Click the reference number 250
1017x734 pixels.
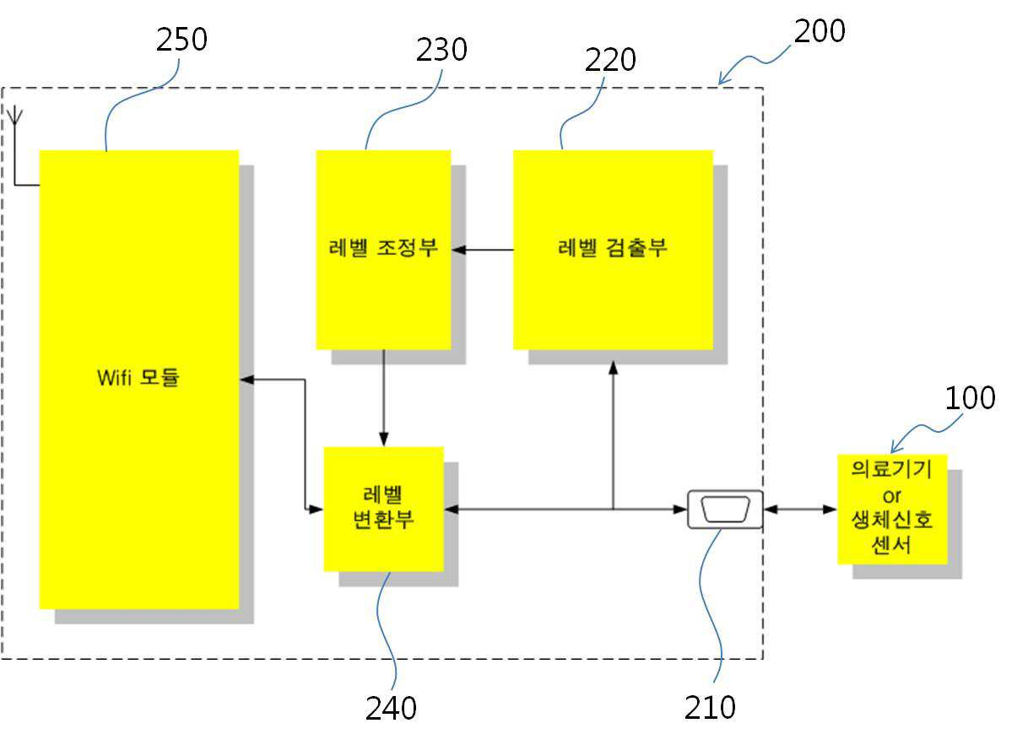tap(182, 40)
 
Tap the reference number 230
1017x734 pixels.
tap(441, 50)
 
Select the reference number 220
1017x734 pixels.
tap(611, 60)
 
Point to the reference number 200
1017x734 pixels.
tap(820, 31)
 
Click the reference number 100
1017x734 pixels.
tap(971, 398)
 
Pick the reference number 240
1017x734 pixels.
tap(391, 708)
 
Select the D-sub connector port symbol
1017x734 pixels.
tap(725, 510)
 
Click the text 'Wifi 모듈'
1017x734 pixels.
tap(138, 377)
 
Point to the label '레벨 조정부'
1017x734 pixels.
tap(383, 248)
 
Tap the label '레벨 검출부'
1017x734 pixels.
tap(613, 248)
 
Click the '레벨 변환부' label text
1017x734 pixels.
tap(384, 507)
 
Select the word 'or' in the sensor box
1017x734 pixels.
tap(892, 496)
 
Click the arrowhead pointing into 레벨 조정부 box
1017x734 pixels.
tap(459, 250)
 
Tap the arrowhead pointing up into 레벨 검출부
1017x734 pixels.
tap(614, 368)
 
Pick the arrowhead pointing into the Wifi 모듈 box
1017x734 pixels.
tap(246, 380)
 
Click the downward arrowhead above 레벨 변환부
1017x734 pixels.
tap(384, 440)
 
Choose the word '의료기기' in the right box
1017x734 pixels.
tap(892, 468)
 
